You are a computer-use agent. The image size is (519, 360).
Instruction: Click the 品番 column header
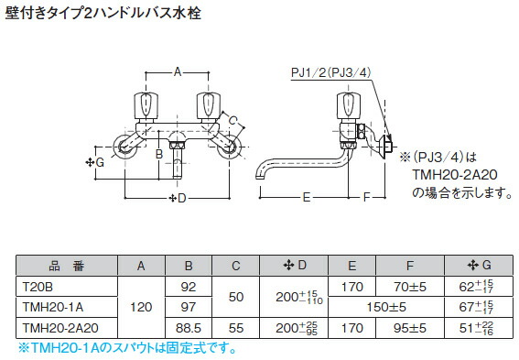click(x=65, y=266)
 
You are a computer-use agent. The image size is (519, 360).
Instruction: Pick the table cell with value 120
click(x=141, y=306)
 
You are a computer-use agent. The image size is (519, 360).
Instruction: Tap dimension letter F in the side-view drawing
click(x=366, y=196)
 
